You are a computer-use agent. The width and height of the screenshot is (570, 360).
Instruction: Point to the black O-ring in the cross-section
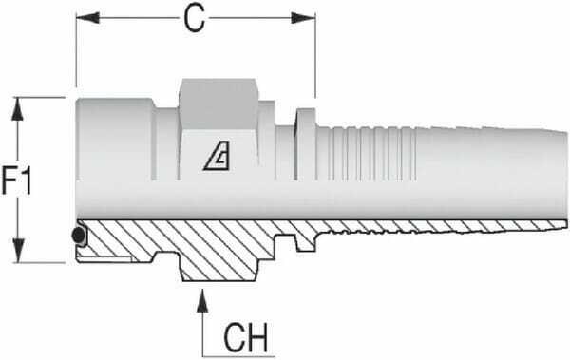[77, 235]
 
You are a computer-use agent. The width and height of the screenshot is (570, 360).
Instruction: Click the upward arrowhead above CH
[201, 296]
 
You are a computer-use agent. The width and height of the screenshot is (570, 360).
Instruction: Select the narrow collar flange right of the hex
[305, 143]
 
